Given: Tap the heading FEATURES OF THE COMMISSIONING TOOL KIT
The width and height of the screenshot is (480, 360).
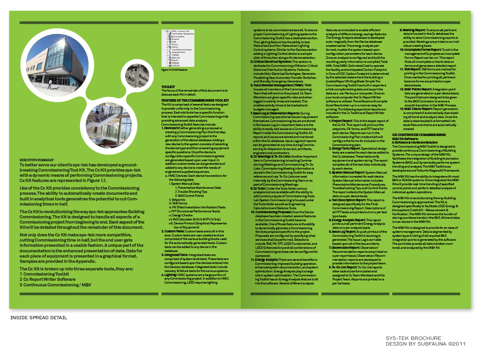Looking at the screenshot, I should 195,100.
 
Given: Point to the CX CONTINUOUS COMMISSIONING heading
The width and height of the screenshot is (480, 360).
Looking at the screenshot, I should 418,135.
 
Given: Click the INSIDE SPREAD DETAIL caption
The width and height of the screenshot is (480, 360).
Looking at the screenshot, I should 38,318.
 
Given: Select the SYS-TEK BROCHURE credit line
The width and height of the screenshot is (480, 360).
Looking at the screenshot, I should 413,338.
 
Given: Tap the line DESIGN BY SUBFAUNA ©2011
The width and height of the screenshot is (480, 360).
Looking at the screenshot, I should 426,344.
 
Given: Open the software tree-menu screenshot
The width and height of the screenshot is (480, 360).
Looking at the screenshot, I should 178,48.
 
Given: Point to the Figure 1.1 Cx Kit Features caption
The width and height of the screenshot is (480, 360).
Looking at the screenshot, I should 174,70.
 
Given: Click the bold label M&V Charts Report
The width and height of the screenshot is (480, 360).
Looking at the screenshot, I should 416,108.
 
